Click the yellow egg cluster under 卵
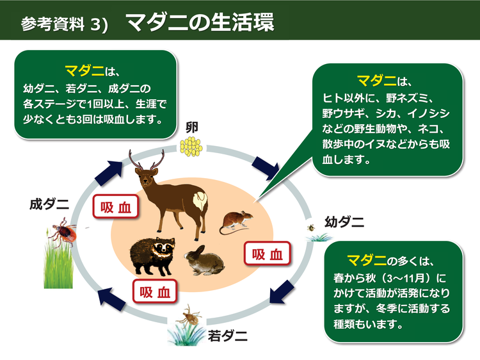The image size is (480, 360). point(190,147)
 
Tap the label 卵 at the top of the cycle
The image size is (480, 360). point(191,127)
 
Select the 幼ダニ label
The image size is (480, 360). point(344,222)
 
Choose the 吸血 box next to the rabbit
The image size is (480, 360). point(268,254)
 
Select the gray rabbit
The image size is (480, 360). point(204,259)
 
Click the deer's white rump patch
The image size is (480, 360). point(204,204)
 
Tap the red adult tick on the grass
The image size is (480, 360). point(64,229)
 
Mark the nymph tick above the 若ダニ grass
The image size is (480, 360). point(189,315)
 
